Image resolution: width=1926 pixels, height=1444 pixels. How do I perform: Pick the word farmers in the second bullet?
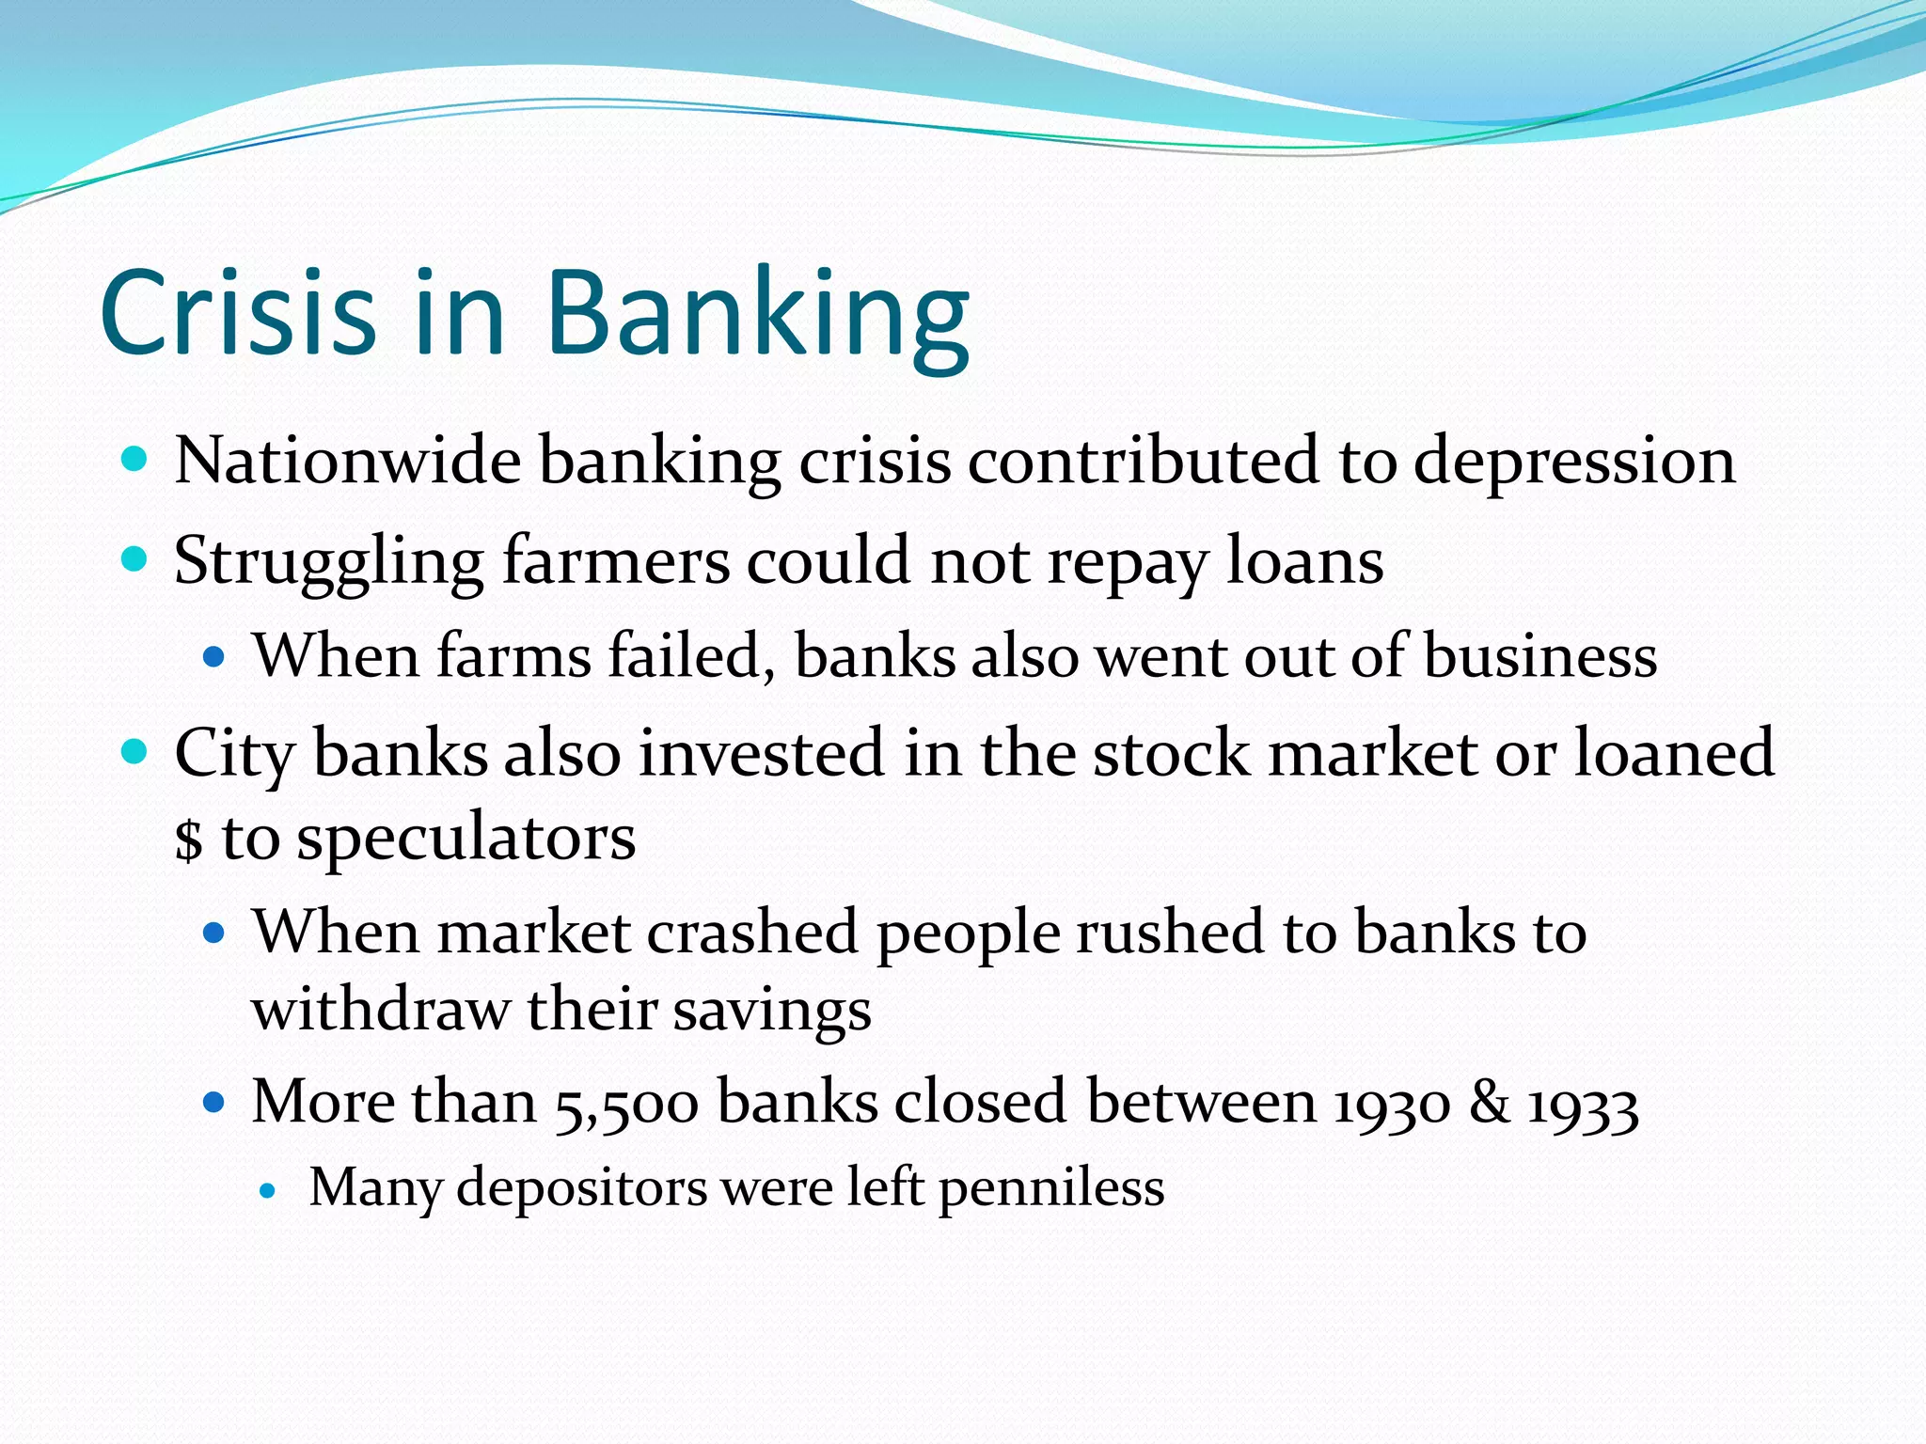pos(616,560)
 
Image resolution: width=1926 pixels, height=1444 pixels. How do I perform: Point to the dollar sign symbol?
pos(189,840)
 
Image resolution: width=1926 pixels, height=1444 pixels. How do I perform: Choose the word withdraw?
pos(381,1010)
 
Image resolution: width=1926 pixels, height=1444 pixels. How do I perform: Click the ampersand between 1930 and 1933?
pos(1489,1102)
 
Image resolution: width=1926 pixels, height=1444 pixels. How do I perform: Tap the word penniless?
pos(1051,1188)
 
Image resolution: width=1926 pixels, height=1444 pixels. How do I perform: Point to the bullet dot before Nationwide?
pos(135,460)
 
